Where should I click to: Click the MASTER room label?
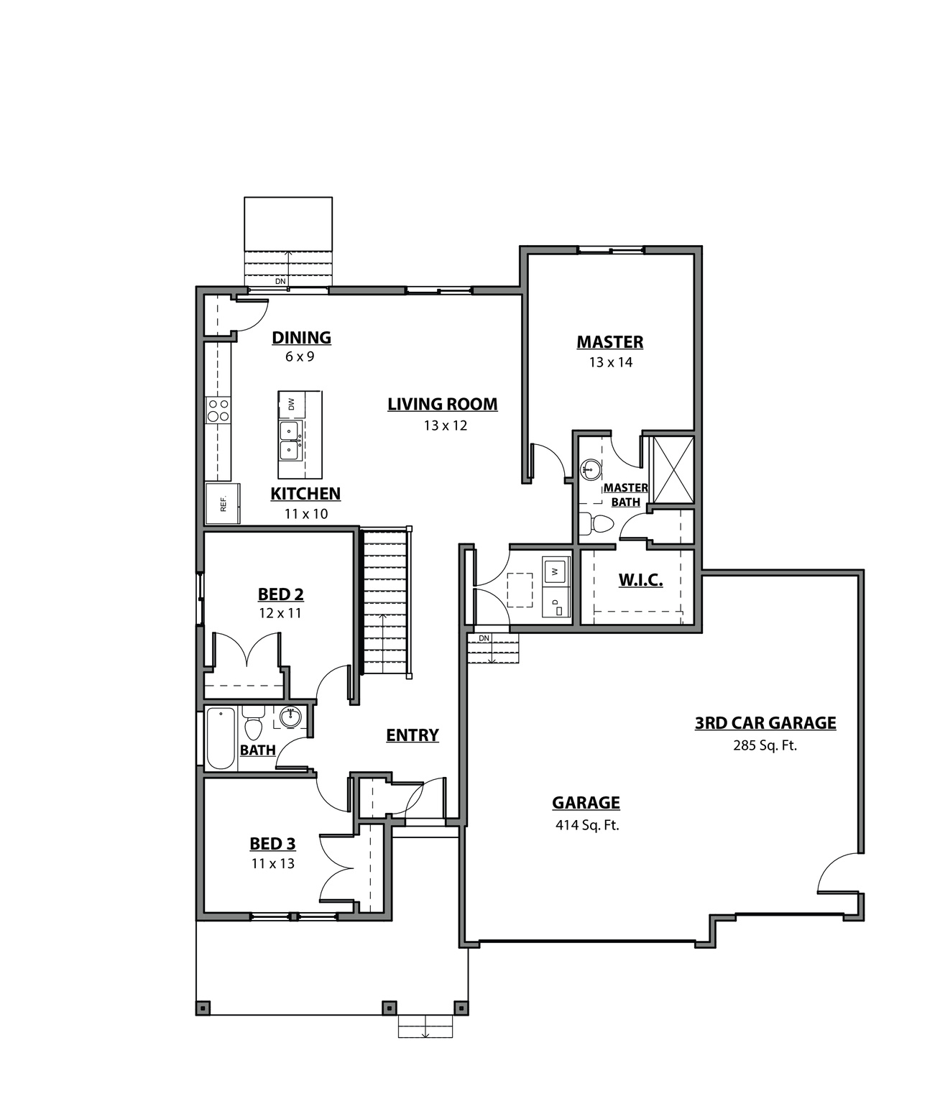(x=609, y=342)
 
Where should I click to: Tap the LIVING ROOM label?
(x=442, y=405)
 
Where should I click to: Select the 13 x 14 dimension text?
(x=610, y=362)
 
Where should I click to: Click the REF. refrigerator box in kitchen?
(x=223, y=504)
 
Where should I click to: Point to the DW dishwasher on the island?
(x=291, y=404)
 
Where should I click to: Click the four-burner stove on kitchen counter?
(x=218, y=410)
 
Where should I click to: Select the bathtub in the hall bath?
(x=221, y=738)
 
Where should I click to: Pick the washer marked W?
(x=555, y=572)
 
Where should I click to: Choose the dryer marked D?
(x=556, y=604)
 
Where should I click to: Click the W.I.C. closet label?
(x=640, y=580)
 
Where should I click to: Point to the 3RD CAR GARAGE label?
(x=765, y=723)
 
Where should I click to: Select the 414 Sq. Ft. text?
(x=586, y=825)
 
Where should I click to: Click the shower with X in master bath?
(x=673, y=469)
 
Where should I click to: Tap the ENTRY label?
(x=412, y=735)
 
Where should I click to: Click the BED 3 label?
(x=272, y=844)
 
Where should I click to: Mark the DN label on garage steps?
(x=484, y=638)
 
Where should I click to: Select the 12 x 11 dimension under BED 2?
(x=280, y=613)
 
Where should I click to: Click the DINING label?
(x=301, y=338)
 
